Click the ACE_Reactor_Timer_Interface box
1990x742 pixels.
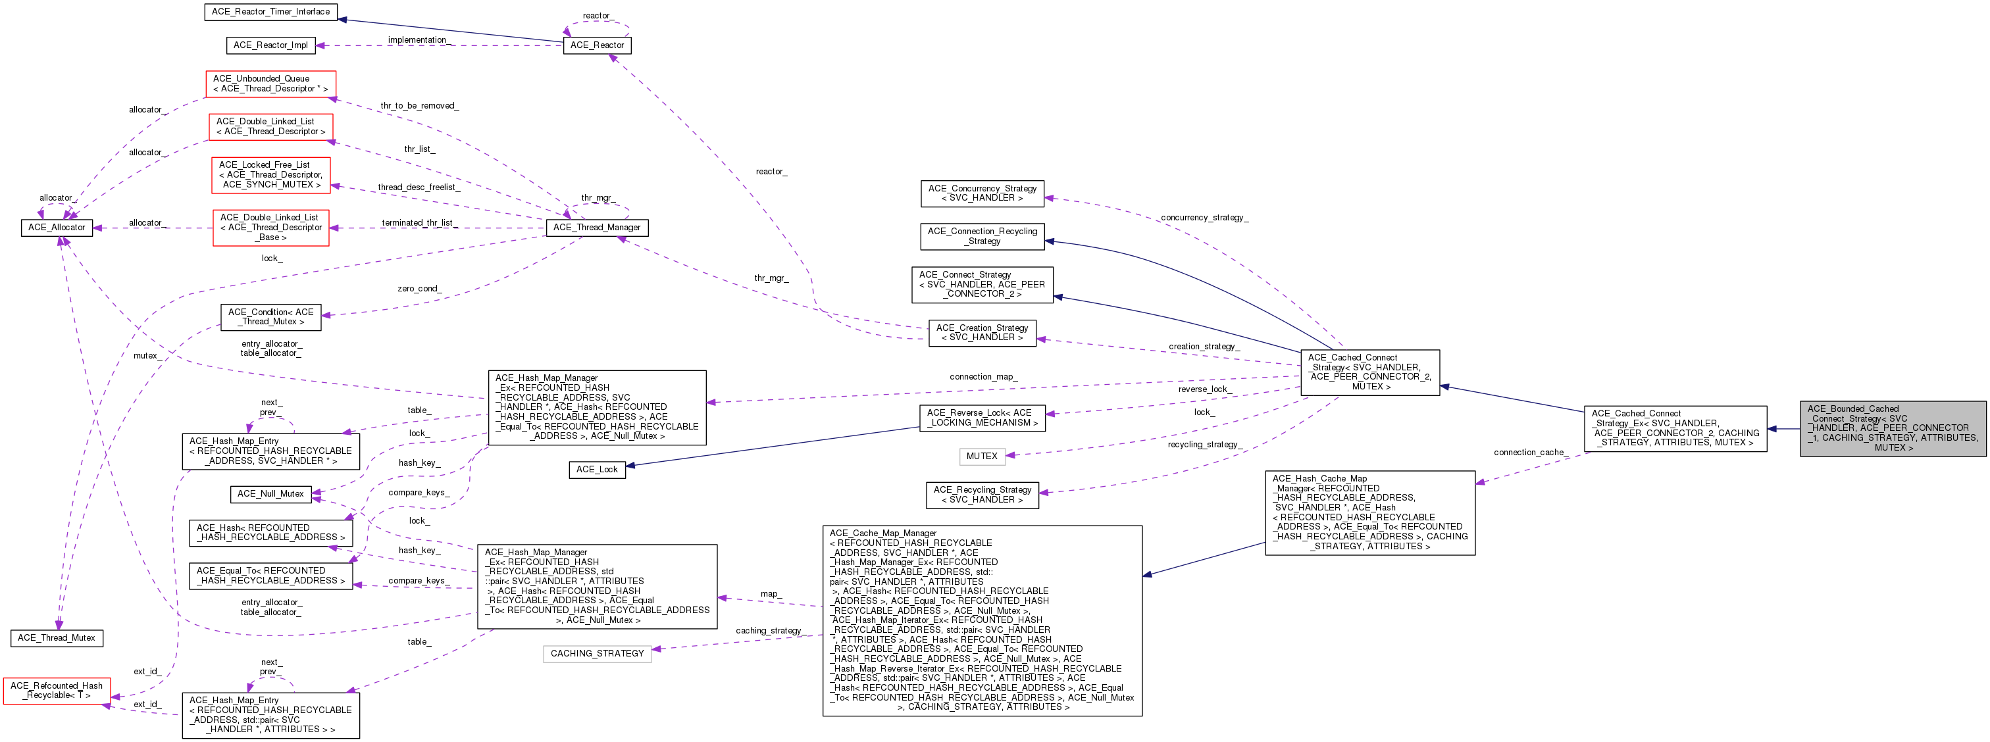(270, 12)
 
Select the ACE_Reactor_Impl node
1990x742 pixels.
(270, 45)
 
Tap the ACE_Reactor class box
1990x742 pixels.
(597, 45)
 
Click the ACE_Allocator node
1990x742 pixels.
(57, 228)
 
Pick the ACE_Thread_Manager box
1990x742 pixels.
(596, 228)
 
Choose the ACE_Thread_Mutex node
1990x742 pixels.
(57, 638)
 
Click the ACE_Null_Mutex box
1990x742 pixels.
(270, 493)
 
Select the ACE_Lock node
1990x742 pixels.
(597, 470)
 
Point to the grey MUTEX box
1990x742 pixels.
(982, 457)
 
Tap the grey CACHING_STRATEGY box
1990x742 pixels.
(597, 653)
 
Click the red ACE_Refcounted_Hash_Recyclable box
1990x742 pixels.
(57, 690)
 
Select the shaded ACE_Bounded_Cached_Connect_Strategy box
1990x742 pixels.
(1893, 428)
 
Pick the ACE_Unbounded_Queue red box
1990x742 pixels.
(270, 84)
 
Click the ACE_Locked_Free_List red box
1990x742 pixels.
(270, 175)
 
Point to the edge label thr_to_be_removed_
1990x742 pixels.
(419, 106)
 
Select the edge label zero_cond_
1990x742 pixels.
(419, 289)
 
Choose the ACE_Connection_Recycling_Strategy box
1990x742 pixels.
(982, 236)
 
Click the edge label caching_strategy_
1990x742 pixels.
(769, 631)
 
